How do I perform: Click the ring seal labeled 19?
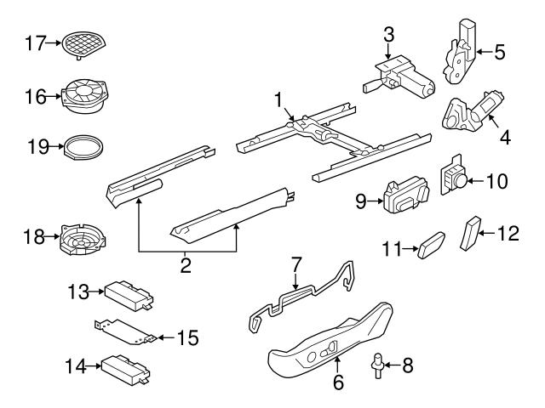tap(87, 146)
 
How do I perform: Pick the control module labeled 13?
tap(124, 293)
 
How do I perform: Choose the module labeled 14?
tap(124, 368)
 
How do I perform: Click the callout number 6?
tap(338, 382)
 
